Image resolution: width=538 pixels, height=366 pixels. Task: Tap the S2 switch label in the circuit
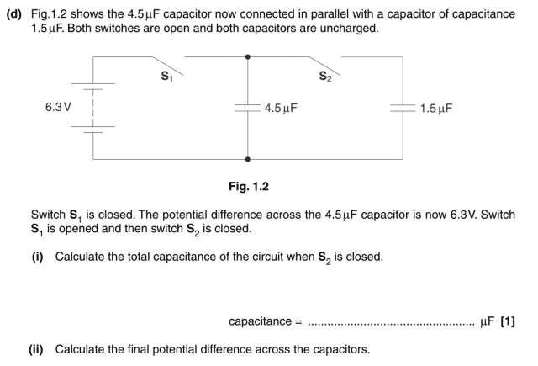tap(324, 77)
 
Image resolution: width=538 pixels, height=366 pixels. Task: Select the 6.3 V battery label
tap(58, 108)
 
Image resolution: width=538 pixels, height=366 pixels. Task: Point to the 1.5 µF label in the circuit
tap(435, 109)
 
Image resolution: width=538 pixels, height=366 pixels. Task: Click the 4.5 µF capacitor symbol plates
tap(247, 109)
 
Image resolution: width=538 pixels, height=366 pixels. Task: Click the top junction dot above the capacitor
tap(247, 57)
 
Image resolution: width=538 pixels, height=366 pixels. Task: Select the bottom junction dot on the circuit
tap(247, 158)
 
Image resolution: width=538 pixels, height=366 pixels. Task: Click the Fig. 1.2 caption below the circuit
tap(248, 186)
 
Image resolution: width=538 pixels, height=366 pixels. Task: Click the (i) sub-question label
tap(37, 257)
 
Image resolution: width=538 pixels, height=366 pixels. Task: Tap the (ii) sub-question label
tap(39, 349)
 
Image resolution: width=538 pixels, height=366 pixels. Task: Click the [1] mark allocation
tap(508, 321)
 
